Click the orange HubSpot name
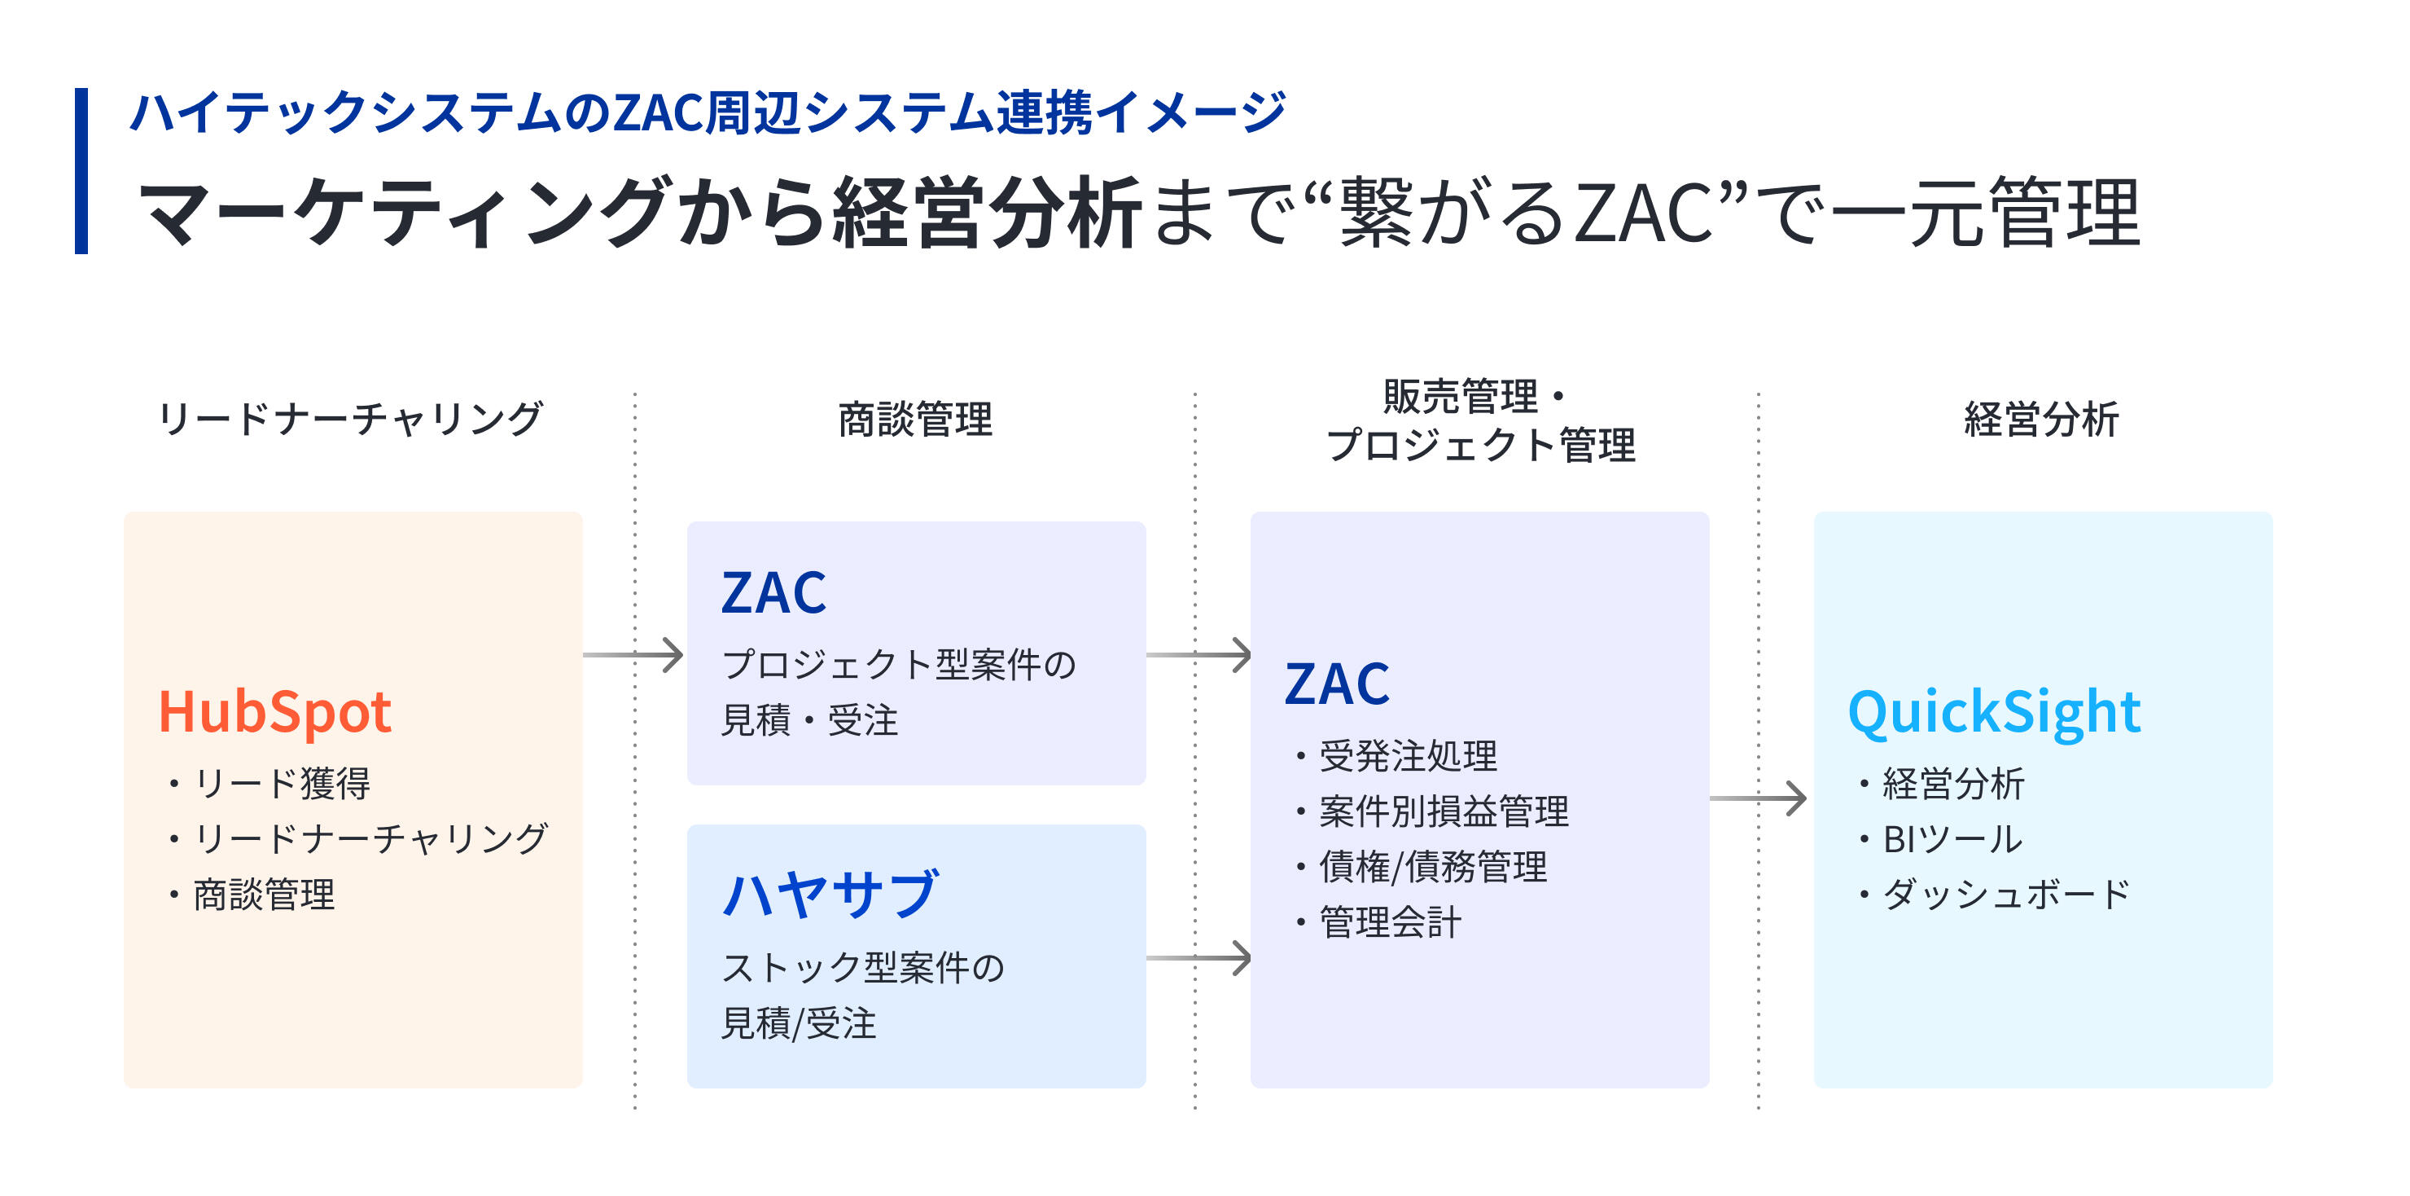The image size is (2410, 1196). (274, 712)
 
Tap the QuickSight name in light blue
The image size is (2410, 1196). (1994, 712)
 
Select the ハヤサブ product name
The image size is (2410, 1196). (830, 894)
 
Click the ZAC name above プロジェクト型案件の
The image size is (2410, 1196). (773, 593)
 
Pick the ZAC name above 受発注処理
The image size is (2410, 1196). (1337, 684)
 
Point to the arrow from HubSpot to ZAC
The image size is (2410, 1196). (634, 655)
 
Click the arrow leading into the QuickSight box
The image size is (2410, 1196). (1758, 798)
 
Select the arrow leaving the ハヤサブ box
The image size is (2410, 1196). (1198, 957)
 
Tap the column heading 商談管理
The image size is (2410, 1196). (915, 420)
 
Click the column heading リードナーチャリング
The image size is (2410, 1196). (350, 420)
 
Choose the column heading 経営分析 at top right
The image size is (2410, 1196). (2040, 420)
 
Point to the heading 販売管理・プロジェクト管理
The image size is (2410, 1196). (1480, 421)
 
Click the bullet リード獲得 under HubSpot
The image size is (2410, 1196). (282, 783)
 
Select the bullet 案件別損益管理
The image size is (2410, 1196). (1443, 811)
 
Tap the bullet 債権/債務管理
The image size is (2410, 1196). (1432, 867)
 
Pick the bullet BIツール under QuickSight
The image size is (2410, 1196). (1952, 839)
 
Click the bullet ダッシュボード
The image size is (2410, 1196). (2005, 895)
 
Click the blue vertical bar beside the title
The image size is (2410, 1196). (81, 171)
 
